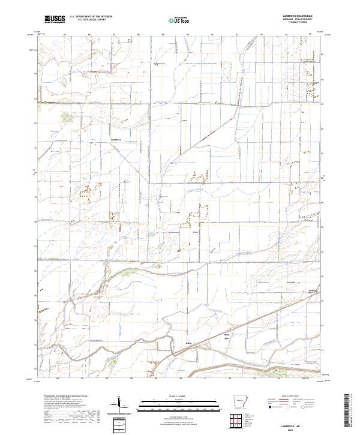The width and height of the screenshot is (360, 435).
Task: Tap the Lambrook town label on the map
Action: click(x=116, y=140)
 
